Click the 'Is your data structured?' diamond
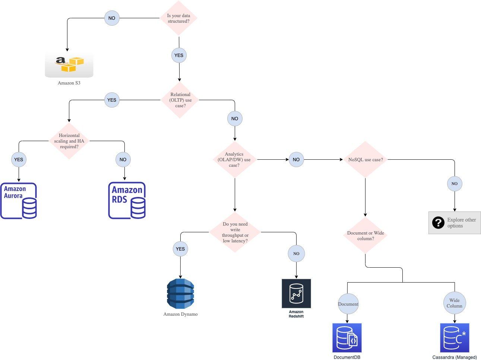tap(178, 18)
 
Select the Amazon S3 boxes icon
tap(69, 64)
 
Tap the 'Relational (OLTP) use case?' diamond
tap(180, 100)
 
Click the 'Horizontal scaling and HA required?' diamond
tap(69, 141)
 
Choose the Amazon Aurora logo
tap(19, 201)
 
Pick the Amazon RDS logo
tap(127, 200)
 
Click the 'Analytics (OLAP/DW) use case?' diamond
tap(234, 160)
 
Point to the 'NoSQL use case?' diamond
tap(365, 160)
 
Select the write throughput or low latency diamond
tap(235, 232)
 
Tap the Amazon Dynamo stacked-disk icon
tap(180, 294)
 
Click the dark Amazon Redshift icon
tap(296, 293)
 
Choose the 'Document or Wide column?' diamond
tap(365, 236)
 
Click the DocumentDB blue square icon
tap(347, 338)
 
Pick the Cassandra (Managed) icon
tap(455, 338)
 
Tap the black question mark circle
tap(438, 223)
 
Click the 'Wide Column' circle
tap(455, 303)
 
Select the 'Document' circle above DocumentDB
tap(348, 304)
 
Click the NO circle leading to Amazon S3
tap(112, 18)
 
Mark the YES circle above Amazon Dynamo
tap(180, 249)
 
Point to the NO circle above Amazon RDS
tap(123, 160)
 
